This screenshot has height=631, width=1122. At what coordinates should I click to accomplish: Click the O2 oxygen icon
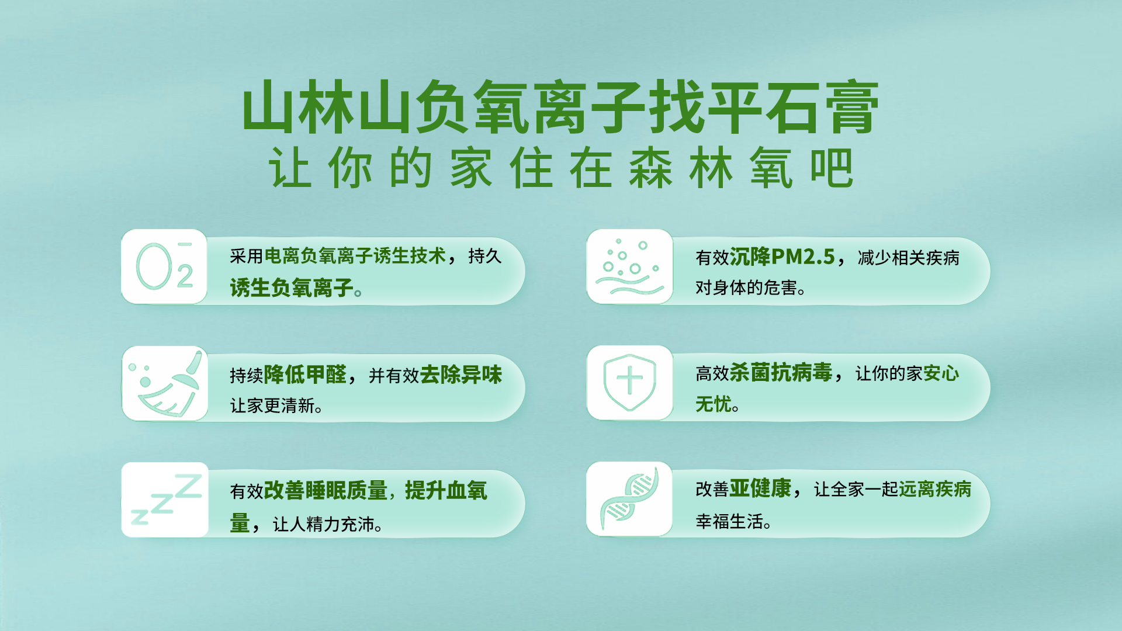pyautogui.click(x=164, y=266)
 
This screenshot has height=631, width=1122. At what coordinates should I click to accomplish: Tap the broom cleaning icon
pyautogui.click(x=165, y=383)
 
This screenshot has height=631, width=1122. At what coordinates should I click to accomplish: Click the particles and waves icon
pyautogui.click(x=629, y=266)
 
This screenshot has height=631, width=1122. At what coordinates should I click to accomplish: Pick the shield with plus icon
pyautogui.click(x=629, y=382)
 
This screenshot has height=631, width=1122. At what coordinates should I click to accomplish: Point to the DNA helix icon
pyautogui.click(x=629, y=498)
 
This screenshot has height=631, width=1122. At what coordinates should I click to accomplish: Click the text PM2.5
pyautogui.click(x=803, y=257)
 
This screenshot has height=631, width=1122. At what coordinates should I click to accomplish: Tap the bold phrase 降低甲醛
pyautogui.click(x=305, y=375)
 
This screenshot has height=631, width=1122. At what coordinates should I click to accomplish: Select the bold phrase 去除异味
pyautogui.click(x=460, y=375)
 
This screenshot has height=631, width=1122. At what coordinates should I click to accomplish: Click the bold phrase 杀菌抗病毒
pyautogui.click(x=781, y=372)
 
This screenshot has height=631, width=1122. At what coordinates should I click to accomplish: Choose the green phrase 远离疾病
pyautogui.click(x=935, y=489)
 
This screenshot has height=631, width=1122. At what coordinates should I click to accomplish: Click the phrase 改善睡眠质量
pyautogui.click(x=325, y=491)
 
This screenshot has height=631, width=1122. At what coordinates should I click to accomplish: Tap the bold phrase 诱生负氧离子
pyautogui.click(x=292, y=288)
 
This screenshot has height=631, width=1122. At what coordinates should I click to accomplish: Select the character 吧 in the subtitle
pyautogui.click(x=832, y=168)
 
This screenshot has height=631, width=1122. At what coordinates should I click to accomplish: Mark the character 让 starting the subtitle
pyautogui.click(x=290, y=168)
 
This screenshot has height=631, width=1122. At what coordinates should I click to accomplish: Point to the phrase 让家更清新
pyautogui.click(x=272, y=405)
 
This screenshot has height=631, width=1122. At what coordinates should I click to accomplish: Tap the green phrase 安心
pyautogui.click(x=941, y=373)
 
